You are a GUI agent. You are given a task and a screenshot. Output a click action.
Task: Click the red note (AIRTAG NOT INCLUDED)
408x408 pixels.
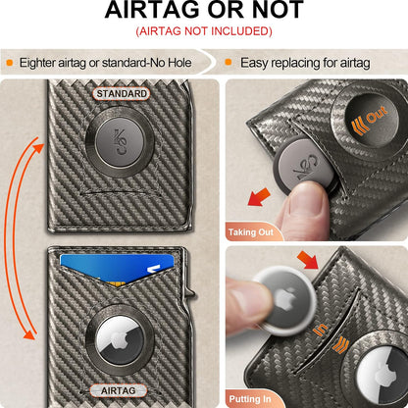203,32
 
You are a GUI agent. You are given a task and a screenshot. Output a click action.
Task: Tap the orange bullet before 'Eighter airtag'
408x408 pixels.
10,61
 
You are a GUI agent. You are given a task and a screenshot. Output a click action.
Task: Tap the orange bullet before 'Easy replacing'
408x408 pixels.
229,61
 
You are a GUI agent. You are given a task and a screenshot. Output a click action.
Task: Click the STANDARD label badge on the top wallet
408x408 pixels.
122,94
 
